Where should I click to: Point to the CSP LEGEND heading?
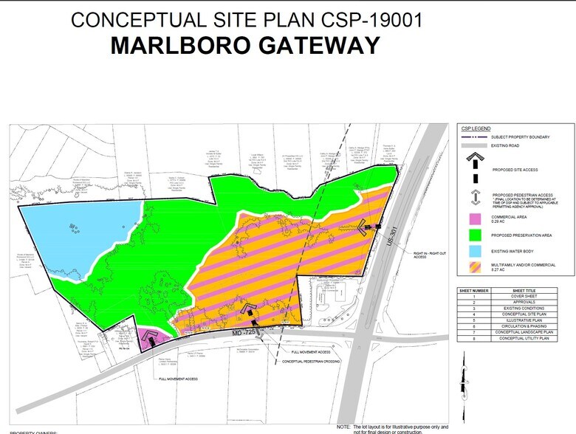pyautogui.click(x=476, y=128)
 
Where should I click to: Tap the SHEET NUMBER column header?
pyautogui.click(x=476, y=290)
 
